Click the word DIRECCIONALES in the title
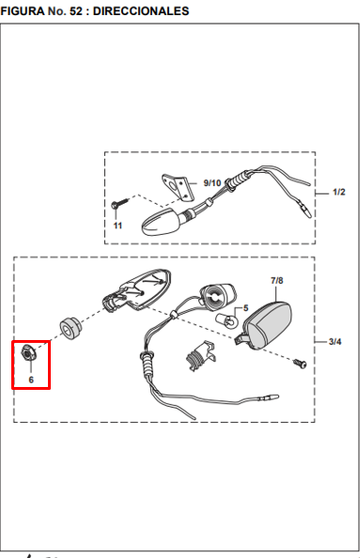(x=141, y=11)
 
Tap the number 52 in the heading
(x=75, y=11)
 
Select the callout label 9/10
(x=212, y=183)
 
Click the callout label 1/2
(x=338, y=193)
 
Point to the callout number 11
(x=117, y=225)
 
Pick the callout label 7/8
(x=276, y=281)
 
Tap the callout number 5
(x=245, y=308)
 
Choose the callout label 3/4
(x=335, y=342)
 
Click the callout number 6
(x=31, y=380)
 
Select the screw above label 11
(x=119, y=204)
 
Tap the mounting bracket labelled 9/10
(x=179, y=187)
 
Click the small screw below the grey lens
(x=300, y=364)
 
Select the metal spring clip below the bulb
(x=201, y=356)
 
